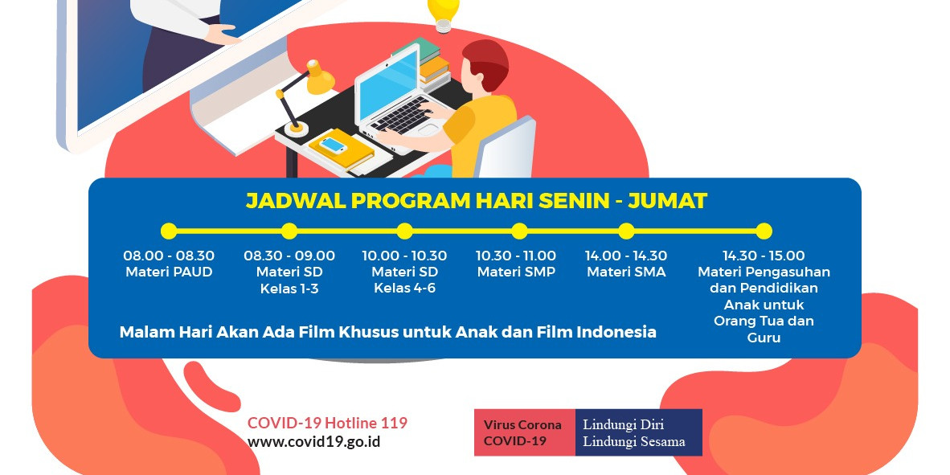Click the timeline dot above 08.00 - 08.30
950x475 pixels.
tap(169, 231)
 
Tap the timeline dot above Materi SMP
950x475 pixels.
tap(519, 231)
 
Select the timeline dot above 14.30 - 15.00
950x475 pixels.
tap(764, 231)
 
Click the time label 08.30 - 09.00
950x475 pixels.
tap(289, 256)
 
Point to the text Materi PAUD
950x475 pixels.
tap(169, 272)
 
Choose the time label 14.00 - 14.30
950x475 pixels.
tap(626, 256)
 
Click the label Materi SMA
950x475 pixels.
tap(626, 272)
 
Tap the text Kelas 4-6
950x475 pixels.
tap(404, 288)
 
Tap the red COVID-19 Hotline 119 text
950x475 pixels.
tap(327, 423)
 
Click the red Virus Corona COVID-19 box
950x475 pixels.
tap(524, 432)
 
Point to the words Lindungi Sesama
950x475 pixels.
tap(634, 441)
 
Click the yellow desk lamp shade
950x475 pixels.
tap(319, 78)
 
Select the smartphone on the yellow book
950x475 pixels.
tap(333, 145)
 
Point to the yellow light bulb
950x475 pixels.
tap(443, 10)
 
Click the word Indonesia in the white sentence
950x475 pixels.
tap(616, 331)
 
